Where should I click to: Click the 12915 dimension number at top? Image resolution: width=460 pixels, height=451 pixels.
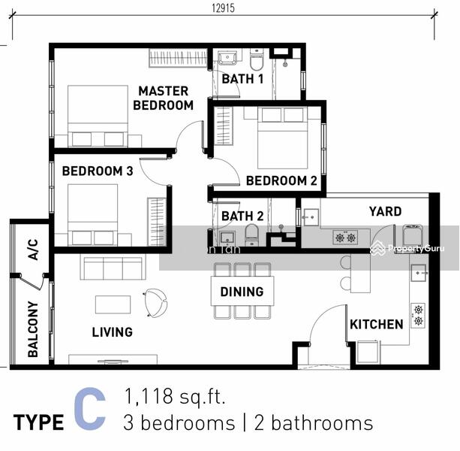coord(224,8)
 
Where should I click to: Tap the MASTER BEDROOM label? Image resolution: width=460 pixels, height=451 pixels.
coord(163,98)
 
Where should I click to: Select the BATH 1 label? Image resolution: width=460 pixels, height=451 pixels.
coord(242,79)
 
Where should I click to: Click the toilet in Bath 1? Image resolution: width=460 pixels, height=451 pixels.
coord(257,60)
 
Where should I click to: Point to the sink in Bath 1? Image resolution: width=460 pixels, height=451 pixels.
coord(227,57)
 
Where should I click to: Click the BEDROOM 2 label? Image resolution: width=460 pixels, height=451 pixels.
coord(281,180)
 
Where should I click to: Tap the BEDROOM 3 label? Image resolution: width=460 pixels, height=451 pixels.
coord(98,171)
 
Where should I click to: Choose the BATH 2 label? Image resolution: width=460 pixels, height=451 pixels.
coord(242,216)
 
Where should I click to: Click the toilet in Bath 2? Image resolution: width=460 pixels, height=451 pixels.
coord(251,235)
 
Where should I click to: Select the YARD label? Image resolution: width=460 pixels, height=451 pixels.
coord(385,211)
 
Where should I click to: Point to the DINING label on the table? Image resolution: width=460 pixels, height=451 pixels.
coord(242,292)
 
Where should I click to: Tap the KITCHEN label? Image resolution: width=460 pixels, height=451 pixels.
coord(377,325)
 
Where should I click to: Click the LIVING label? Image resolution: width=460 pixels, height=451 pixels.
coord(113,332)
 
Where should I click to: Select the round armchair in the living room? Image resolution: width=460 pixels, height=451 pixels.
coord(155,303)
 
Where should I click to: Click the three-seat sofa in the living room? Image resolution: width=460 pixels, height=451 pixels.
coord(113,268)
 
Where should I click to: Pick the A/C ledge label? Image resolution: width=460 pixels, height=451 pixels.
coord(33,250)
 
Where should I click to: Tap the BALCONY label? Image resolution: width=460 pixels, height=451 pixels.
coord(33,329)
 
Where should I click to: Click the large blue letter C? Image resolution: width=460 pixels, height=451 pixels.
coord(90,408)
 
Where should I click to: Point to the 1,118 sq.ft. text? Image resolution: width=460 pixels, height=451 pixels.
coord(175,396)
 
